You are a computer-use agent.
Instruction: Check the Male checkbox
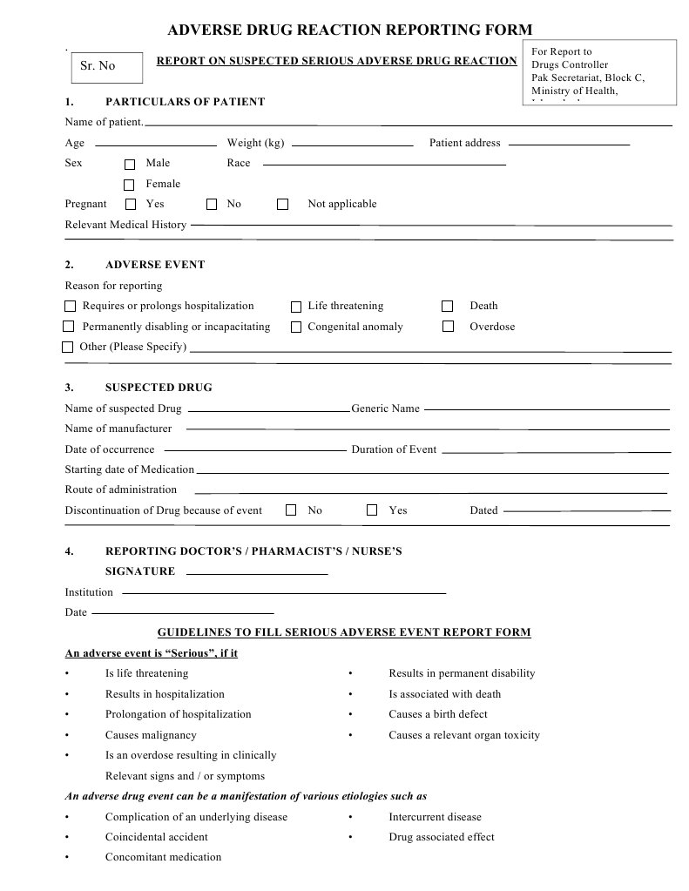pyautogui.click(x=130, y=164)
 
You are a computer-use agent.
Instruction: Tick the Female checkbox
pyautogui.click(x=129, y=185)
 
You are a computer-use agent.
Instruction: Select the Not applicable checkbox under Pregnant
pyautogui.click(x=282, y=205)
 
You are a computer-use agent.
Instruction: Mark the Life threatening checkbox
pyautogui.click(x=296, y=307)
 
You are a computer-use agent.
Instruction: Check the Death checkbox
pyautogui.click(x=448, y=306)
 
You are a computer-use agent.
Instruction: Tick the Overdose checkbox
pyautogui.click(x=449, y=327)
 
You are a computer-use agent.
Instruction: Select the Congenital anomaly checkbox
pyautogui.click(x=296, y=327)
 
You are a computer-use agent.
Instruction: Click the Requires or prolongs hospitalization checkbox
pyautogui.click(x=71, y=307)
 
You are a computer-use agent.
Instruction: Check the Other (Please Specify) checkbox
pyautogui.click(x=68, y=348)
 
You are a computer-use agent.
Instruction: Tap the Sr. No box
pyautogui.click(x=105, y=66)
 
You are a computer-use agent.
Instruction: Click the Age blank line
pyautogui.click(x=155, y=144)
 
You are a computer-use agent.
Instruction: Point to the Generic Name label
pyautogui.click(x=385, y=408)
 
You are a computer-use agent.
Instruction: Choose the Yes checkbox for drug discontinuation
pyautogui.click(x=372, y=510)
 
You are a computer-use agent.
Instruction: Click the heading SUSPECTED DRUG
pyautogui.click(x=159, y=388)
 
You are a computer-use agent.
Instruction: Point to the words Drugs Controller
pyautogui.click(x=570, y=65)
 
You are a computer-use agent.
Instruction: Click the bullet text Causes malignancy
pyautogui.click(x=151, y=735)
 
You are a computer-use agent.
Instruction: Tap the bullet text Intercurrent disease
pyautogui.click(x=435, y=817)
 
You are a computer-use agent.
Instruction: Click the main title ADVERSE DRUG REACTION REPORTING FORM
pyautogui.click(x=349, y=30)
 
